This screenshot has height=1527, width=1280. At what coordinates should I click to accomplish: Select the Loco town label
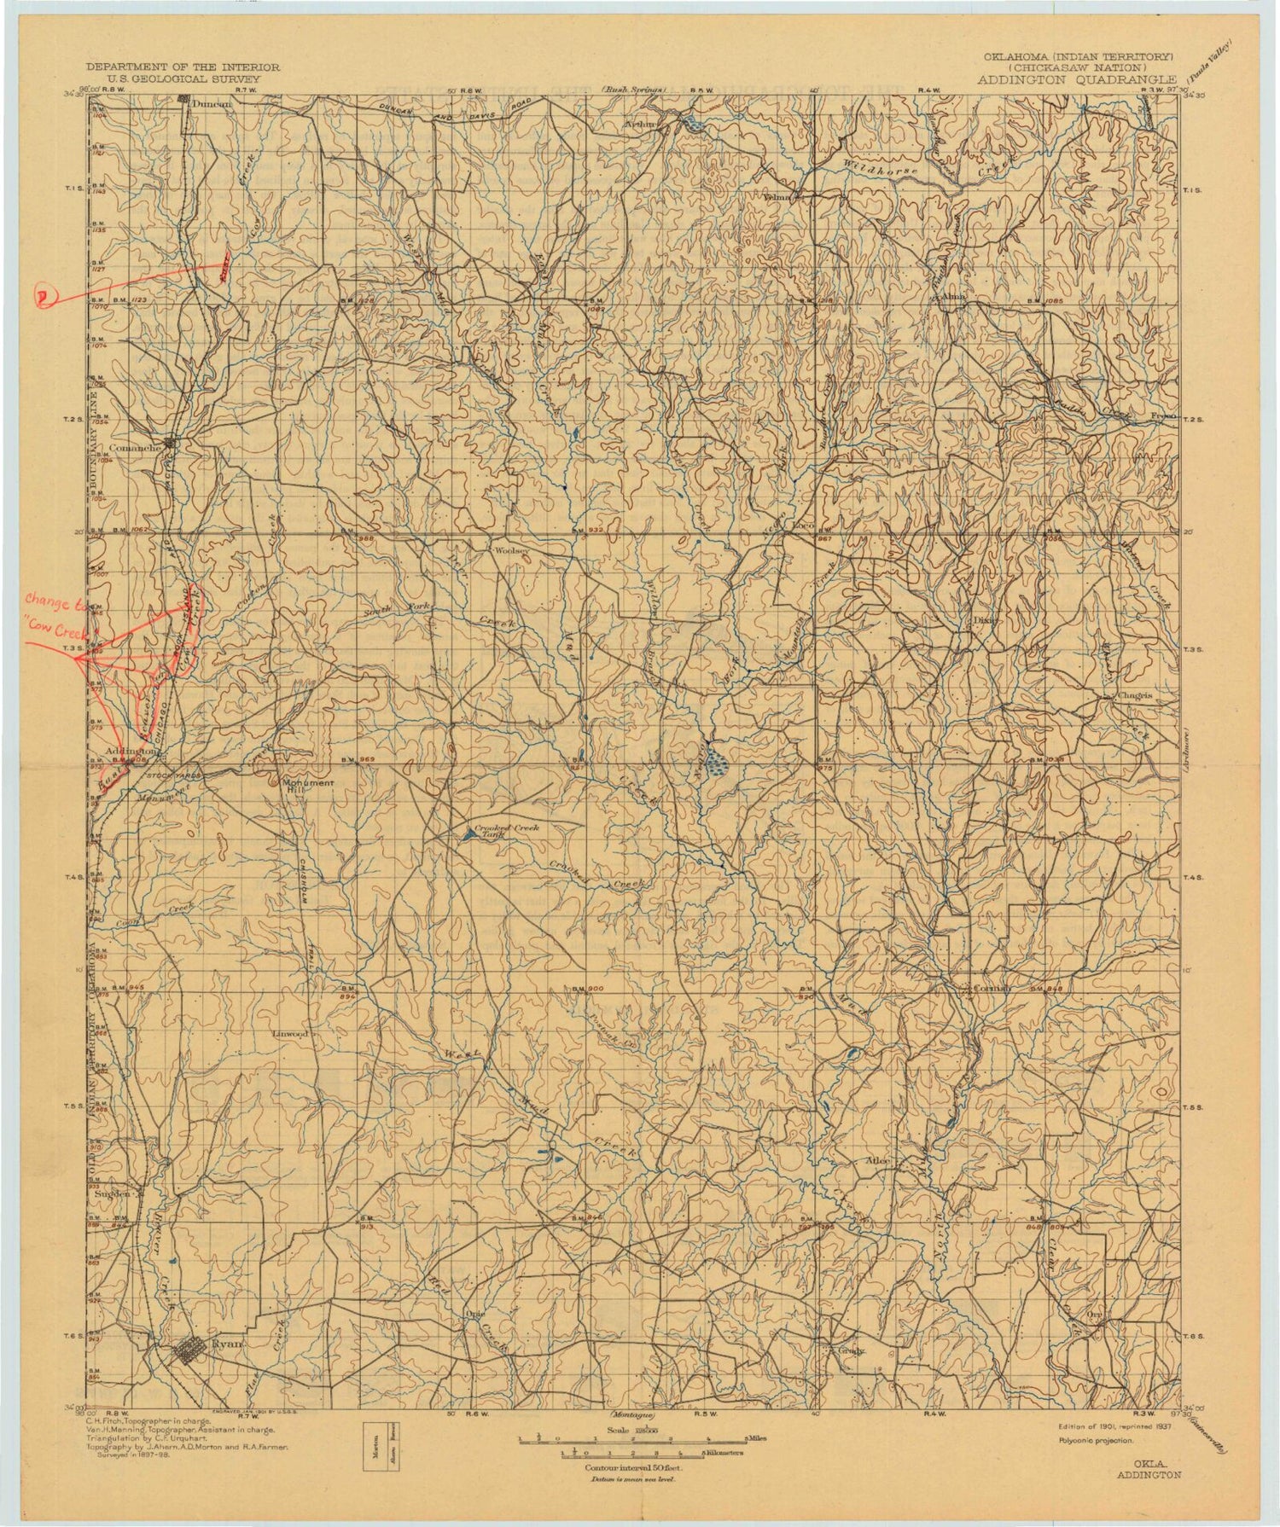point(804,526)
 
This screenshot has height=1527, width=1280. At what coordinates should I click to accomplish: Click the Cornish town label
point(992,989)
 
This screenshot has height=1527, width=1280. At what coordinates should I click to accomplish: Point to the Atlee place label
point(878,1161)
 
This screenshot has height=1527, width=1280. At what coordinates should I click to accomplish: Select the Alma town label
point(955,297)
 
